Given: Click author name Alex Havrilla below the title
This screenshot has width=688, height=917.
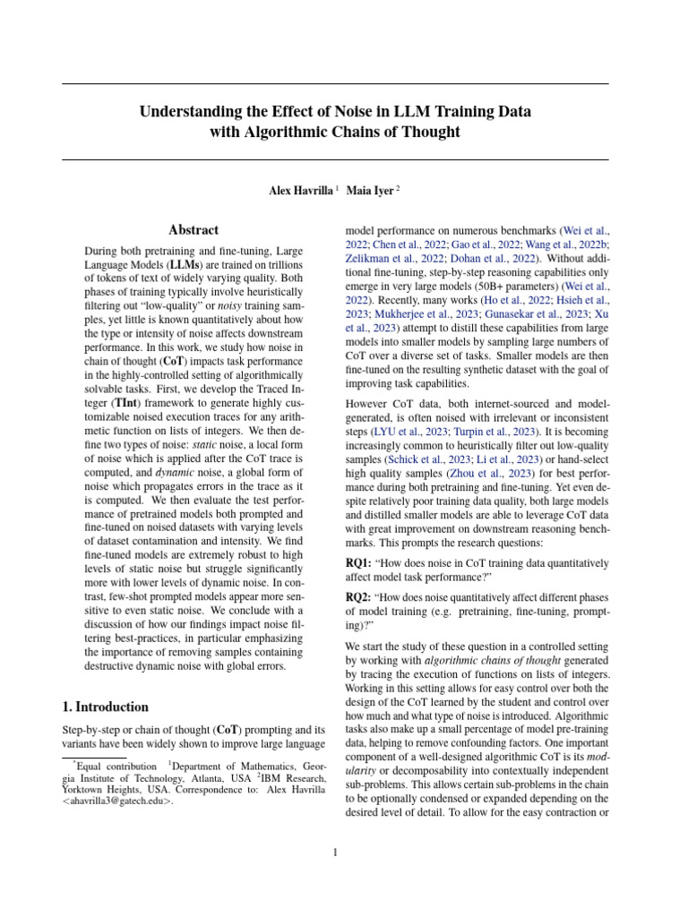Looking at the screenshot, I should point(300,190).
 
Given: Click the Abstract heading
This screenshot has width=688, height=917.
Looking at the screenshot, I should point(193,230).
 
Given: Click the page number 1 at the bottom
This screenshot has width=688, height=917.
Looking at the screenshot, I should point(335,853).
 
